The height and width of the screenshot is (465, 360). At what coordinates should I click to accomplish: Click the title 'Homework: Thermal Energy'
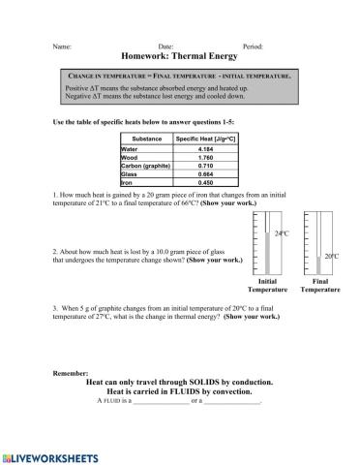(x=180, y=56)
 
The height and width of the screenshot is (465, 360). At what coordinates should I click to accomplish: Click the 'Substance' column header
(x=146, y=139)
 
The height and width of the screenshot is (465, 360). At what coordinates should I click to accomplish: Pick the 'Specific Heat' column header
(x=205, y=139)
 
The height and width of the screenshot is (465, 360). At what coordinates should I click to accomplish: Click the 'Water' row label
(x=130, y=149)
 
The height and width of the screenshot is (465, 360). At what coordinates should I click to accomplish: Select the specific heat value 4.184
(x=205, y=149)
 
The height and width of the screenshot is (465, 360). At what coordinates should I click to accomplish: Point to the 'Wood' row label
(x=130, y=158)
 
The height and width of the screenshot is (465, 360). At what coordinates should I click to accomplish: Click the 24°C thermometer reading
(x=282, y=233)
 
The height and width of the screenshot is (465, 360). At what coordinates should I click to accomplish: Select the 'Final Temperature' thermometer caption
(x=319, y=285)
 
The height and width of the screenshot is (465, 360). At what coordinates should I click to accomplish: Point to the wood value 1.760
(x=205, y=158)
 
